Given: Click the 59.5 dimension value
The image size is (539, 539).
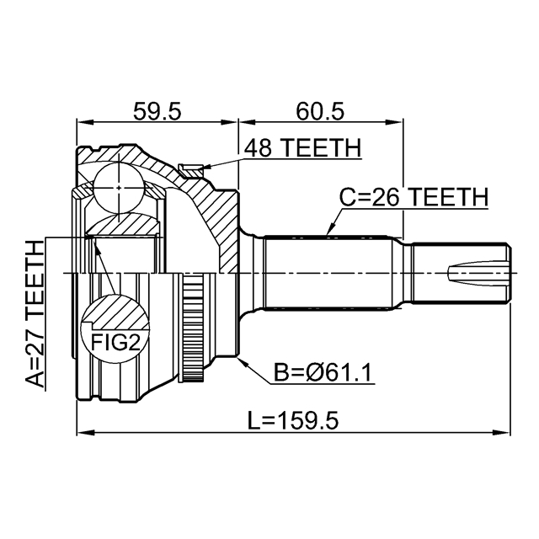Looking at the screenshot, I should click(x=156, y=110).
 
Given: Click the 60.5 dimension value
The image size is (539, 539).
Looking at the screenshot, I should click(x=320, y=110).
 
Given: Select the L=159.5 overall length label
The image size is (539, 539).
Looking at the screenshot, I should click(x=294, y=419).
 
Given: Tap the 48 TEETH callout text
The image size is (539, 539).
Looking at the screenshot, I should click(x=302, y=148).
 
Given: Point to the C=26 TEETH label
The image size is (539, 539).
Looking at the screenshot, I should click(x=413, y=197).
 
